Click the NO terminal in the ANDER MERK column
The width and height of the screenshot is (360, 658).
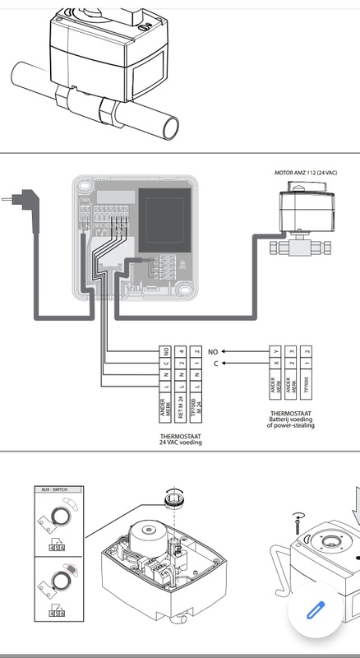click(166, 350)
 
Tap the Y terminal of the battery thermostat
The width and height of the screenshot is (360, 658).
click(289, 350)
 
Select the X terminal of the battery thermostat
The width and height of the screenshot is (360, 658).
click(289, 363)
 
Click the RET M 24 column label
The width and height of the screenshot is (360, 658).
click(181, 405)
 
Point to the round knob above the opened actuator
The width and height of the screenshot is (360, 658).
click(172, 498)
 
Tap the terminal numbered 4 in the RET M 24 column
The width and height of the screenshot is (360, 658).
click(181, 350)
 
